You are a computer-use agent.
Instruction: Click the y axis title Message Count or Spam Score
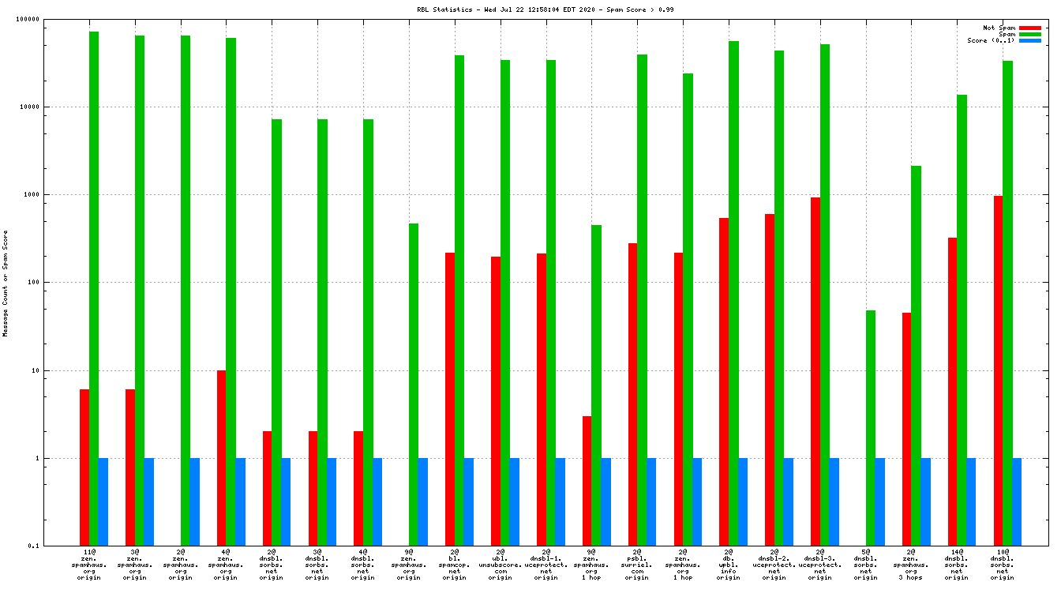[x=6, y=283]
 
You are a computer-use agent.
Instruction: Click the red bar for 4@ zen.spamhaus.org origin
[x=222, y=458]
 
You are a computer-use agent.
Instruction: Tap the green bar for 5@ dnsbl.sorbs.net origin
[x=871, y=427]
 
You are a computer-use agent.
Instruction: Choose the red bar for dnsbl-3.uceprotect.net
[x=815, y=371]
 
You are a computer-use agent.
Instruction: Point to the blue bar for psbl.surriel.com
[x=652, y=501]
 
